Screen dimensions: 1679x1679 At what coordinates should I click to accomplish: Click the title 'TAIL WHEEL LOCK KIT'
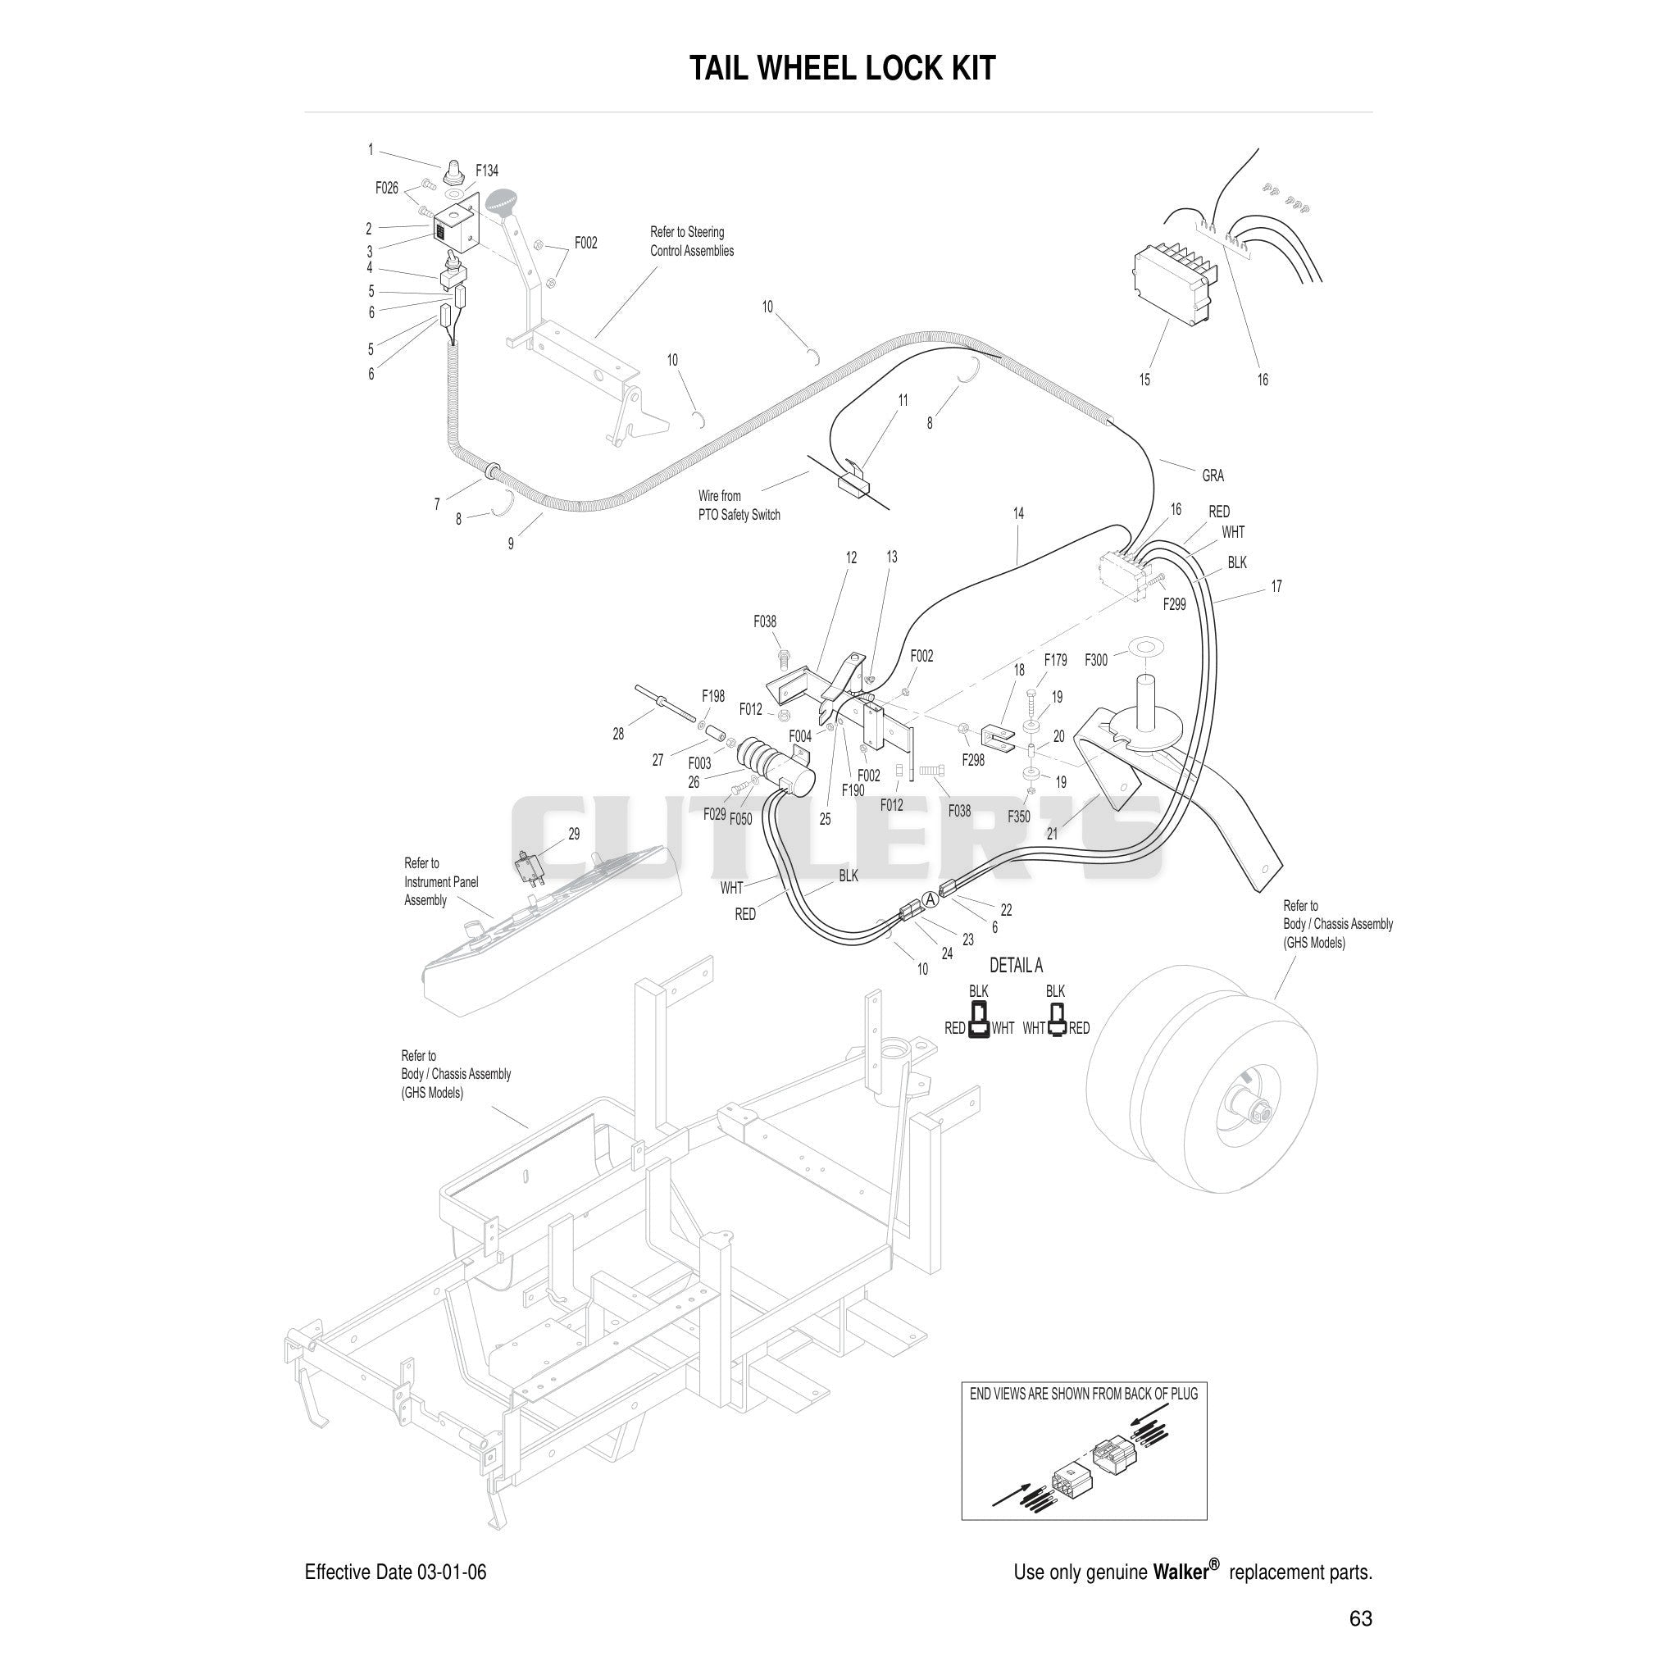841,68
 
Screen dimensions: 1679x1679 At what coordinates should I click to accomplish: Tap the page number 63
1360,1618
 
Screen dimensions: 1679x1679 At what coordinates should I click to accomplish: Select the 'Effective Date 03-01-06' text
395,1572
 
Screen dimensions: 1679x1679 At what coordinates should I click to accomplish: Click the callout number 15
1144,380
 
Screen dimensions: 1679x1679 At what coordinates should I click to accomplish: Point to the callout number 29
574,834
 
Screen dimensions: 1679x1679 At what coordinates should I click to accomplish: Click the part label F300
1096,661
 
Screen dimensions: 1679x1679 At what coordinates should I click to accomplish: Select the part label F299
1174,604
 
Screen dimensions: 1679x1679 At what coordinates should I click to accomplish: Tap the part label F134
487,171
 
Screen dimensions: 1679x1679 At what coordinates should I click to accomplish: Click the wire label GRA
1213,475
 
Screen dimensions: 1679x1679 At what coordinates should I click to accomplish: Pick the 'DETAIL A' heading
1016,966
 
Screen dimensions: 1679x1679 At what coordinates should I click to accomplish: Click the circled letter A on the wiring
930,900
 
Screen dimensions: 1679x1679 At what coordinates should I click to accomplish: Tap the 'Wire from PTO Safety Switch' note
739,505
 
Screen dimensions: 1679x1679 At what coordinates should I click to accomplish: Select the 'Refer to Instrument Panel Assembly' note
440,881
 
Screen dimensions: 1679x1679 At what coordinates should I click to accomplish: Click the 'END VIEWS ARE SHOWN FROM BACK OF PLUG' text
1083,1394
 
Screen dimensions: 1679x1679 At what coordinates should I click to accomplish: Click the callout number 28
618,735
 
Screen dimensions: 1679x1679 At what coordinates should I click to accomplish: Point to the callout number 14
1017,513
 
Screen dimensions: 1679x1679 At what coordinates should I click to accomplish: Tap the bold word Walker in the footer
1181,1572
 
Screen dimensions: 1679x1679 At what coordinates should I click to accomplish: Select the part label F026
387,188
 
